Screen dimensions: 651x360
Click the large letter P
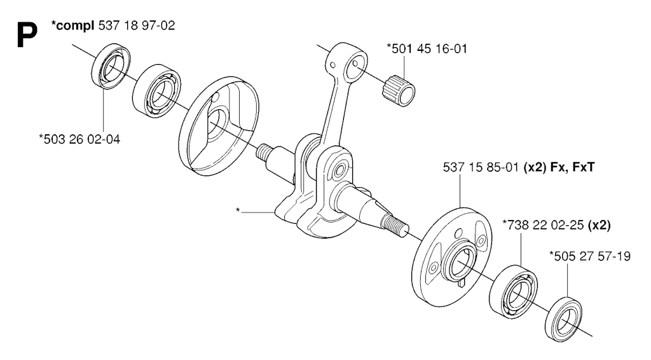coord(27,35)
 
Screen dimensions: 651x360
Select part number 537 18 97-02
coord(137,25)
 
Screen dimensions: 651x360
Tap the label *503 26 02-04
coord(79,139)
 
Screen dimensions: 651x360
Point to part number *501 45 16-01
coord(427,48)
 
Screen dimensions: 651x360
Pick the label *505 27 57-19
coord(589,256)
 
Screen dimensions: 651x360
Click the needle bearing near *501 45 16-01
coord(399,90)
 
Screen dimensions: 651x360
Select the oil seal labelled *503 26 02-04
coord(111,66)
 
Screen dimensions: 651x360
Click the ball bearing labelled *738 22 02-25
coord(513,293)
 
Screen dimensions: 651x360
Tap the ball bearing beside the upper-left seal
coord(156,90)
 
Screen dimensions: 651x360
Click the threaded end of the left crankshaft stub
coord(264,152)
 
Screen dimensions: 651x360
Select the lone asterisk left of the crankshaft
coord(238,211)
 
